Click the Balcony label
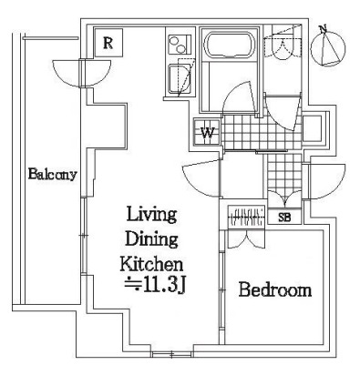(52, 175)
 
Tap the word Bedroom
(275, 289)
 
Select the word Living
(151, 215)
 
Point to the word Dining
(151, 239)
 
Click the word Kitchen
(151, 263)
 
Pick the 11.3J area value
(155, 286)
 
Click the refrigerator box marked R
(108, 43)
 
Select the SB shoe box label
(284, 218)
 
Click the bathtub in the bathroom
(230, 44)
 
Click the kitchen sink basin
(180, 79)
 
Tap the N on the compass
(323, 29)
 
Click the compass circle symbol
(329, 48)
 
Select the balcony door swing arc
(81, 74)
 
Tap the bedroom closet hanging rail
(247, 217)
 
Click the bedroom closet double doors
(246, 239)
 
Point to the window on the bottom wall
(172, 354)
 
